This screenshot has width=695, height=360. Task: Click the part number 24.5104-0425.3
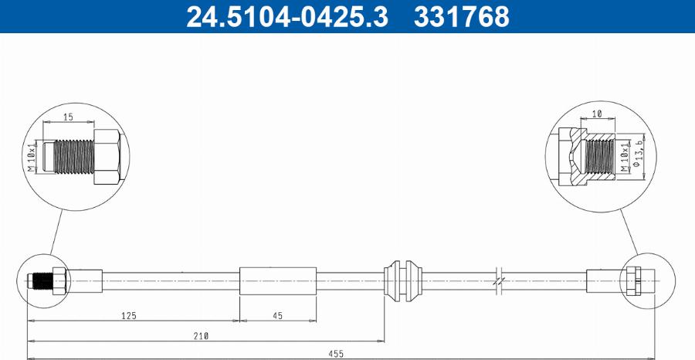tap(286, 16)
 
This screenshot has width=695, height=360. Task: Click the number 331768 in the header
tap(462, 16)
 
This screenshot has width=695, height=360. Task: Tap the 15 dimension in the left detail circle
tap(68, 117)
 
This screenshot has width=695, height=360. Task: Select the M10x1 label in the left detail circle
tap(32, 158)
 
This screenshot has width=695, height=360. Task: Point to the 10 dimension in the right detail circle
tap(597, 114)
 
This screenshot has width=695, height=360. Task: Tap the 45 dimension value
tap(276, 316)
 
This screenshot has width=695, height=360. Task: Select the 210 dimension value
tap(202, 335)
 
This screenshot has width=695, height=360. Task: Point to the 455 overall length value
tap(336, 354)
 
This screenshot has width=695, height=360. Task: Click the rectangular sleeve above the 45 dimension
tap(278, 280)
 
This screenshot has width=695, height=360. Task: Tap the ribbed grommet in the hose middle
tap(404, 280)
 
